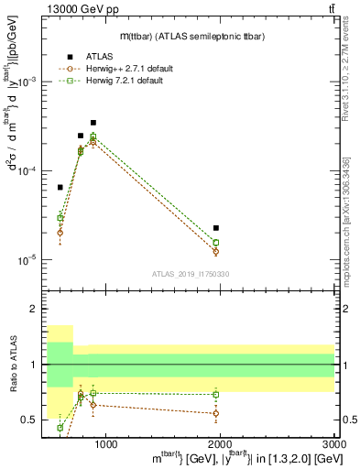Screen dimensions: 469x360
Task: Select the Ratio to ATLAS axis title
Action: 13,365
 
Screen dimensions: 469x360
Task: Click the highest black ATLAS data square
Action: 93,122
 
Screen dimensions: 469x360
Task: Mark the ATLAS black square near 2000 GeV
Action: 216,227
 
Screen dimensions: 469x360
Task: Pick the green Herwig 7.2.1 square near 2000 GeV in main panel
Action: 216,242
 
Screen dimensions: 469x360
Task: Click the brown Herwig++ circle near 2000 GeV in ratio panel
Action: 216,413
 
